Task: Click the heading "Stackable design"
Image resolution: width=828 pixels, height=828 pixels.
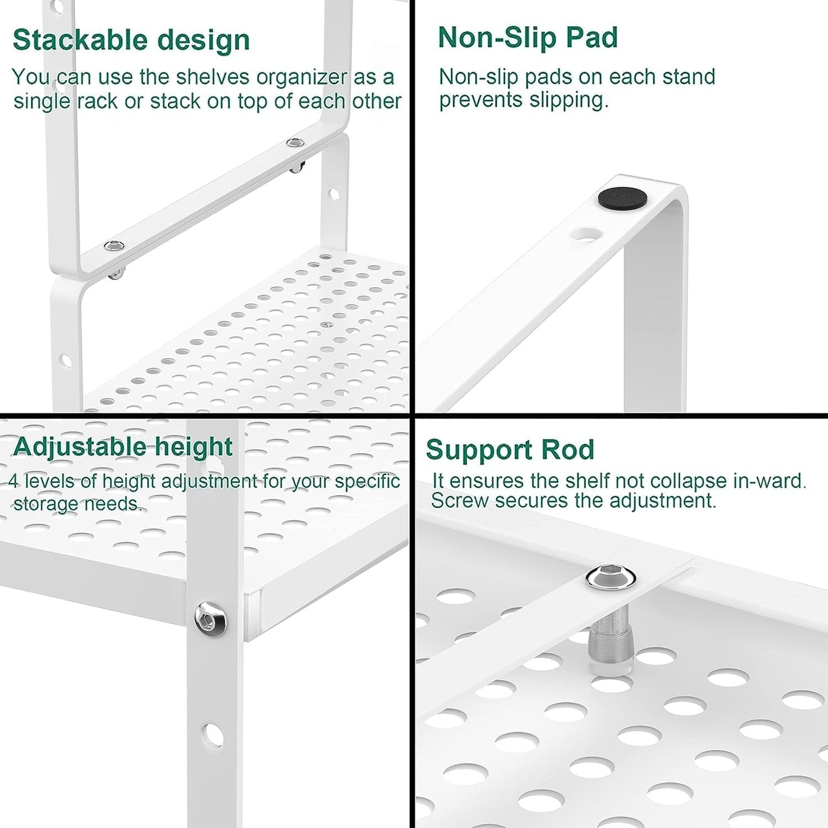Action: coord(131,40)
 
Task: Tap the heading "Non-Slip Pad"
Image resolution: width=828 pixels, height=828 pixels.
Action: coord(528,38)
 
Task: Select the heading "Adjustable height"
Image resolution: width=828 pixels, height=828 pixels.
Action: coord(123,447)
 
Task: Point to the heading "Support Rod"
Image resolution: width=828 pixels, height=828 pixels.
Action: coord(510,450)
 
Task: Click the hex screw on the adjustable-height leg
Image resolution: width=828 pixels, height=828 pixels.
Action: coord(210,619)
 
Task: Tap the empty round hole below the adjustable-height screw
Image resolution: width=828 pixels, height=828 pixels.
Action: coord(212,734)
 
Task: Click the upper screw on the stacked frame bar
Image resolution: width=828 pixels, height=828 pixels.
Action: coord(295,142)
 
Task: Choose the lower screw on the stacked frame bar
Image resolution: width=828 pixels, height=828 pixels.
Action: coord(114,246)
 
